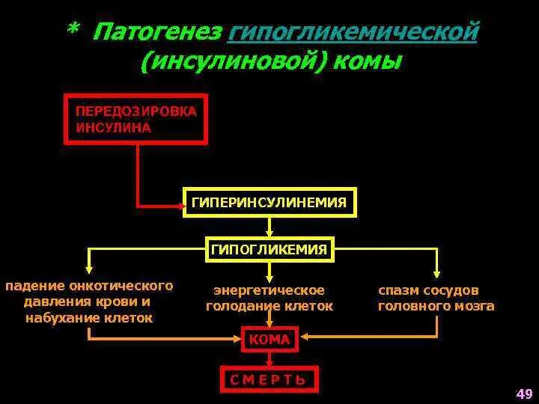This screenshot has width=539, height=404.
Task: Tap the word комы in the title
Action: click(364, 61)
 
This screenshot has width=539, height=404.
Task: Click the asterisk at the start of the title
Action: click(73, 30)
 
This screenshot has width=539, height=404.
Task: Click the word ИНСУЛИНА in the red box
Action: click(113, 127)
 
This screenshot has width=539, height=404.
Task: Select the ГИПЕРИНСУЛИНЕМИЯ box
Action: click(269, 203)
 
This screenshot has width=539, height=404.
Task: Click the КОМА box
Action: click(269, 340)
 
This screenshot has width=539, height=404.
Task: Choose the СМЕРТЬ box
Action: click(269, 379)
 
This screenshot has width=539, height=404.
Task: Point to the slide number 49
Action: click(524, 394)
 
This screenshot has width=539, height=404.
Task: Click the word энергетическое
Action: click(269, 290)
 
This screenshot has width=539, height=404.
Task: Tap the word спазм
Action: click(398, 290)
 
